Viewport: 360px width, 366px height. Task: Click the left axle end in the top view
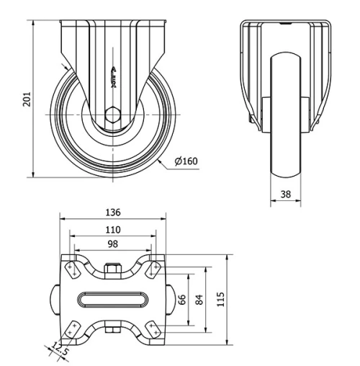(55, 298)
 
